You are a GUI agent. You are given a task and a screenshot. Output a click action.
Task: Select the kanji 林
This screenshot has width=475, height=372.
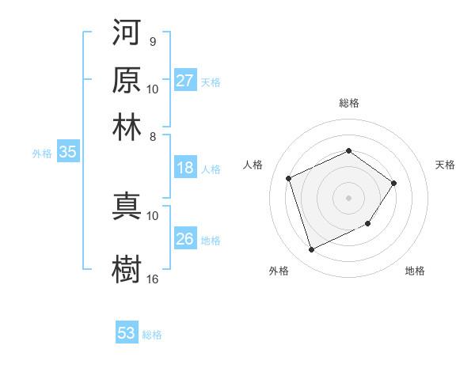(127, 126)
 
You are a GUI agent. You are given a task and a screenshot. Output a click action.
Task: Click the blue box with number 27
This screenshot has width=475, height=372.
(184, 81)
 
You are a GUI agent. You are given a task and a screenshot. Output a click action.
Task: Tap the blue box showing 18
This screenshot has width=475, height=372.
(184, 168)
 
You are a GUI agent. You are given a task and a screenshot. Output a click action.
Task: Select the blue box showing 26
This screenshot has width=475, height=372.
(184, 239)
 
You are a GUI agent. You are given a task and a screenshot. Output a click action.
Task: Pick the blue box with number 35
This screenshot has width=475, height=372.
(67, 154)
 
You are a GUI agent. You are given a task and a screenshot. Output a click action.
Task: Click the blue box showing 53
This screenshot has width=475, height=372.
(127, 333)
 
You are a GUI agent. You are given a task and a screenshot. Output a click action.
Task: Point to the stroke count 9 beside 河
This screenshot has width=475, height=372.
(152, 41)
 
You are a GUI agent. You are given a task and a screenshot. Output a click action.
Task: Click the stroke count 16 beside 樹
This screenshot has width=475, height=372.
(152, 279)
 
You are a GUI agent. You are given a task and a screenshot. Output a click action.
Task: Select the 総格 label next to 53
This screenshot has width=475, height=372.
(152, 335)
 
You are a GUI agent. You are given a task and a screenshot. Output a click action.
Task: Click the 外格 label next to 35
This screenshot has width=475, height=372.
(42, 154)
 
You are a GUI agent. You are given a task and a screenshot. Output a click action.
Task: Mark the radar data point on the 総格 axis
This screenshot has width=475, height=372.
(348, 150)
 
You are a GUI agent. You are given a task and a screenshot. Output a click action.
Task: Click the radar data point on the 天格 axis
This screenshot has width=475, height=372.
(394, 183)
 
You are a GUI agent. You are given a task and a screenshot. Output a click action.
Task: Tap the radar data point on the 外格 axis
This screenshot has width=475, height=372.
(311, 250)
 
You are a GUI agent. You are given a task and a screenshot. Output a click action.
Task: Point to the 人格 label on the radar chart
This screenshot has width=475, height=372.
(253, 165)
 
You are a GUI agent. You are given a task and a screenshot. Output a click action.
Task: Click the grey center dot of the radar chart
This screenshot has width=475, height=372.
(348, 197)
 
